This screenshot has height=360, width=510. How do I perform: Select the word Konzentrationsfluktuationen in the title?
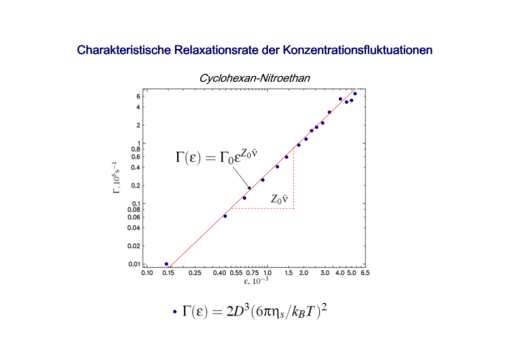[x=358, y=50]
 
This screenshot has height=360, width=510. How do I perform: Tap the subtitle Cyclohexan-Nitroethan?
[x=254, y=78]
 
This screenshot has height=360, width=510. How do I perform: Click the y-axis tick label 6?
[x=138, y=96]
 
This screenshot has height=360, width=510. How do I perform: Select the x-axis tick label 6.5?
[x=365, y=273]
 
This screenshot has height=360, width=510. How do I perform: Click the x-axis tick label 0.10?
[x=147, y=273]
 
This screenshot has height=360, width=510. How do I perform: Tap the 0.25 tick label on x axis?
[x=195, y=273]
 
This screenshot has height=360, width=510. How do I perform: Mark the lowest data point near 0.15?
[x=166, y=264]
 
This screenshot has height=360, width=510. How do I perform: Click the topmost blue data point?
[x=355, y=94]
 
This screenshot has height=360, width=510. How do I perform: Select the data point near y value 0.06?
[x=225, y=216]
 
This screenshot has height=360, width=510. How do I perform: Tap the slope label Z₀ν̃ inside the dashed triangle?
[x=280, y=199]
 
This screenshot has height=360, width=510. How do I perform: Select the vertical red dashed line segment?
[x=294, y=179]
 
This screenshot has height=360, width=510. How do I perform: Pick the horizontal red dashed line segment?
[x=262, y=208]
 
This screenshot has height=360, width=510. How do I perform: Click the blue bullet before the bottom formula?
[x=174, y=312]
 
